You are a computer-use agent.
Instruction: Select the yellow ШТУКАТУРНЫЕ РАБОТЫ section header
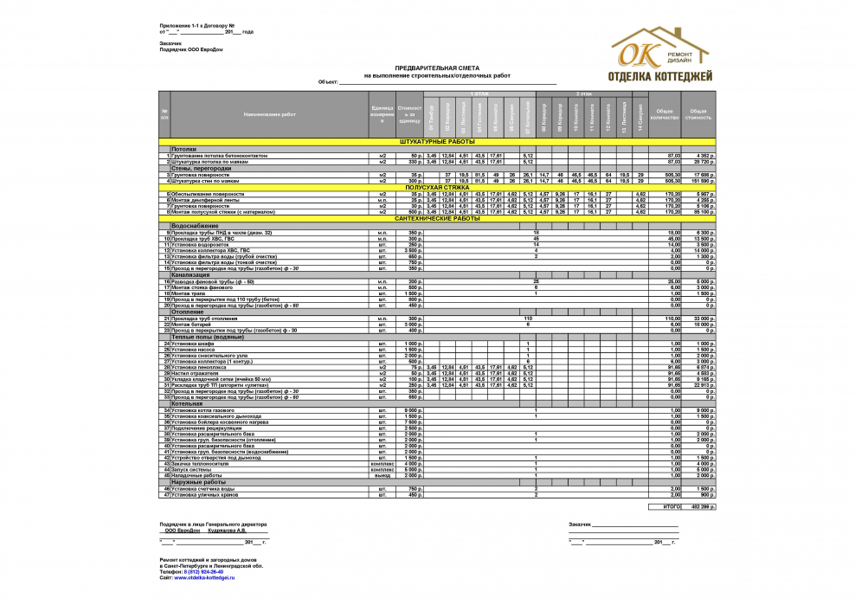436,141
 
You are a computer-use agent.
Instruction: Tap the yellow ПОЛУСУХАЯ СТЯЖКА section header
436,187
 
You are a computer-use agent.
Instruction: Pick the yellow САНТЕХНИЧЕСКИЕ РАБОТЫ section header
436,219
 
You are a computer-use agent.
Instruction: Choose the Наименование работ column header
269,114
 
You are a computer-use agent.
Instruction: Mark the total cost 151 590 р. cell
700,181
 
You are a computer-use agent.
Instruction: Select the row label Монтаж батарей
192,325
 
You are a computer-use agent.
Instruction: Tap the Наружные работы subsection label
198,482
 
